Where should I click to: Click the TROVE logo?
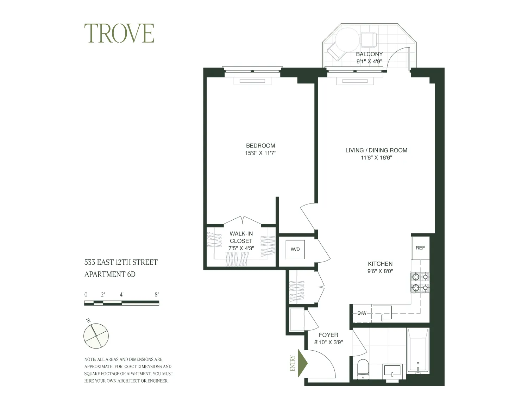[119, 33]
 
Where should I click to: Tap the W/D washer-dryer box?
[295, 249]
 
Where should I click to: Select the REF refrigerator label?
[420, 248]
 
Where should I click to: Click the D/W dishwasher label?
[362, 313]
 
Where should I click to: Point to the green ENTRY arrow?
[302, 363]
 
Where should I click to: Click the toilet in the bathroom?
[363, 369]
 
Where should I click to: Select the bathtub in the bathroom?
[417, 351]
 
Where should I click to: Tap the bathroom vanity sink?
[392, 371]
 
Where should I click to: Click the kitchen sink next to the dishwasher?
[382, 313]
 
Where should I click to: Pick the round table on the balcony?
[347, 40]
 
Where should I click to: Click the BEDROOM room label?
[260, 145]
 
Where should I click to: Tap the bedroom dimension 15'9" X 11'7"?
[260, 153]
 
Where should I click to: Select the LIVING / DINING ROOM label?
[376, 150]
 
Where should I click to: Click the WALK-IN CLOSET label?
[241, 237]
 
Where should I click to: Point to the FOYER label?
[328, 335]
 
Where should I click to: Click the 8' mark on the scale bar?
[157, 295]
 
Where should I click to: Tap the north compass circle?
[96, 336]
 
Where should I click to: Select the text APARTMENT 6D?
[110, 274]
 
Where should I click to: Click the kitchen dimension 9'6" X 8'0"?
[380, 271]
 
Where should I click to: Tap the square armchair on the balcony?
[369, 39]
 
